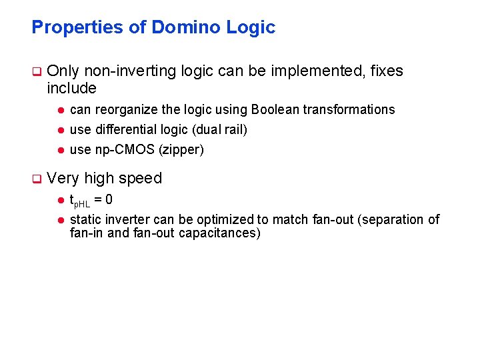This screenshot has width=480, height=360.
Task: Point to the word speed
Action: (141, 179)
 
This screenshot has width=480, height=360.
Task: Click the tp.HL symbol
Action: (79, 200)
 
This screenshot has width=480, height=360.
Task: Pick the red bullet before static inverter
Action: (59, 219)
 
